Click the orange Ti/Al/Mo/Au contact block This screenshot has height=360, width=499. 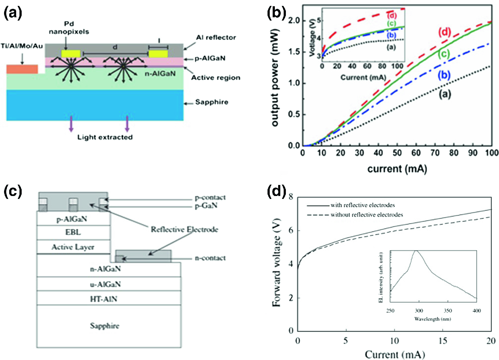point(22,69)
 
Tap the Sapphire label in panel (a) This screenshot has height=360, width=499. point(212,102)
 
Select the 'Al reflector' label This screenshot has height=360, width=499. point(216,38)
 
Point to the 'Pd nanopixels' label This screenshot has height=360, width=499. point(69,28)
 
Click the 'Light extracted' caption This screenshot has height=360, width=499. point(105,137)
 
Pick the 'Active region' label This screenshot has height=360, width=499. point(216,78)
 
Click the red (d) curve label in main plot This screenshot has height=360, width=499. point(444,32)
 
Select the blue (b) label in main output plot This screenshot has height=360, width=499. point(444,75)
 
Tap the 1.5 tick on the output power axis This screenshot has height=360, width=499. point(294,52)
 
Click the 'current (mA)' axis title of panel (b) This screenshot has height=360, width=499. point(397,169)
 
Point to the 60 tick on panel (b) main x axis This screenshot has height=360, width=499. point(416,153)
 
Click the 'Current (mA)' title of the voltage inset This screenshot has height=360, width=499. point(363,77)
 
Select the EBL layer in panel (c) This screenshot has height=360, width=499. point(73,232)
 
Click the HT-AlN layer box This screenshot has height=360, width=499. point(104,299)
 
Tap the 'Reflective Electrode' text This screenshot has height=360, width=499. point(184,229)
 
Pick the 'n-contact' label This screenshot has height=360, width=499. point(210,258)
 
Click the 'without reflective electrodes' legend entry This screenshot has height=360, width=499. point(366,215)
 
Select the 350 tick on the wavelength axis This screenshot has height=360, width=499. point(448,311)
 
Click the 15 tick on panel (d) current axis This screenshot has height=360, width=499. point(443,341)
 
